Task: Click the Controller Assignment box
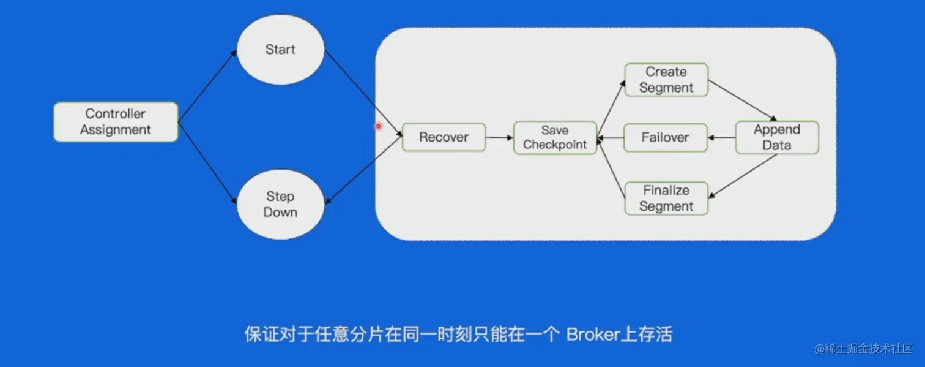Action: [116, 122]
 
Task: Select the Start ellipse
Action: [280, 50]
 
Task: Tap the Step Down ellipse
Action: [280, 205]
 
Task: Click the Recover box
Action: [444, 137]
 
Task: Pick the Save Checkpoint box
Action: [555, 138]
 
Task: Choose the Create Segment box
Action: [666, 80]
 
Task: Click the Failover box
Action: [665, 137]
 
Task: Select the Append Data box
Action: [776, 138]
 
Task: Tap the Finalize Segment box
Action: [666, 199]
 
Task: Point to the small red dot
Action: [379, 126]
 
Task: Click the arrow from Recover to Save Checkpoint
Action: [499, 137]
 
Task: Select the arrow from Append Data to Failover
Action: [721, 138]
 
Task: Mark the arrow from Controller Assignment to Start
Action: [207, 86]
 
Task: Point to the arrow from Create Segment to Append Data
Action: [742, 100]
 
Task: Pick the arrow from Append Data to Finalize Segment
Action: [743, 175]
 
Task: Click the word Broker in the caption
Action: [591, 335]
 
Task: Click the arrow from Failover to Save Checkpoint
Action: [611, 138]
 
